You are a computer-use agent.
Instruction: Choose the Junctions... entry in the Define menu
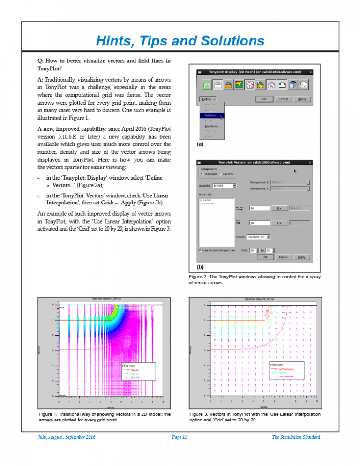(x=213, y=126)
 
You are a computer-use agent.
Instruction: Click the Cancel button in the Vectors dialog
(x=283, y=257)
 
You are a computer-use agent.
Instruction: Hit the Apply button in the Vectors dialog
(x=301, y=257)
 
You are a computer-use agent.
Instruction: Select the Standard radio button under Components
(x=202, y=174)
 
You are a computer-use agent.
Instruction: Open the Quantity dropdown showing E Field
(x=224, y=186)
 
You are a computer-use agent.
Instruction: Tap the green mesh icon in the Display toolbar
(x=205, y=85)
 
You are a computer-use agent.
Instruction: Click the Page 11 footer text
(x=180, y=437)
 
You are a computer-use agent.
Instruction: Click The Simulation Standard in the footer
(x=296, y=437)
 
